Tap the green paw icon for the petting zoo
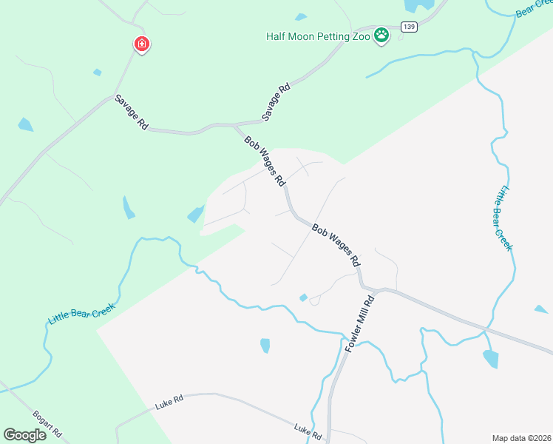click(x=381, y=35)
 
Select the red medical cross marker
click(x=141, y=45)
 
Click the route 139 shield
click(x=409, y=27)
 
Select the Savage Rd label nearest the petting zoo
click(x=276, y=102)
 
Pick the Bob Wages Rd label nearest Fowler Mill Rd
click(x=336, y=246)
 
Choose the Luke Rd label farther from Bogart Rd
click(x=308, y=431)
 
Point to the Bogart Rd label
click(x=47, y=423)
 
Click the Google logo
click(x=25, y=435)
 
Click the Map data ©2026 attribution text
click(x=521, y=438)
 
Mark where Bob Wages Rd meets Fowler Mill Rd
click(x=362, y=286)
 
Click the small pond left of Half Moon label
click(x=300, y=16)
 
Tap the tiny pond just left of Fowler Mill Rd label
click(x=303, y=297)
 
